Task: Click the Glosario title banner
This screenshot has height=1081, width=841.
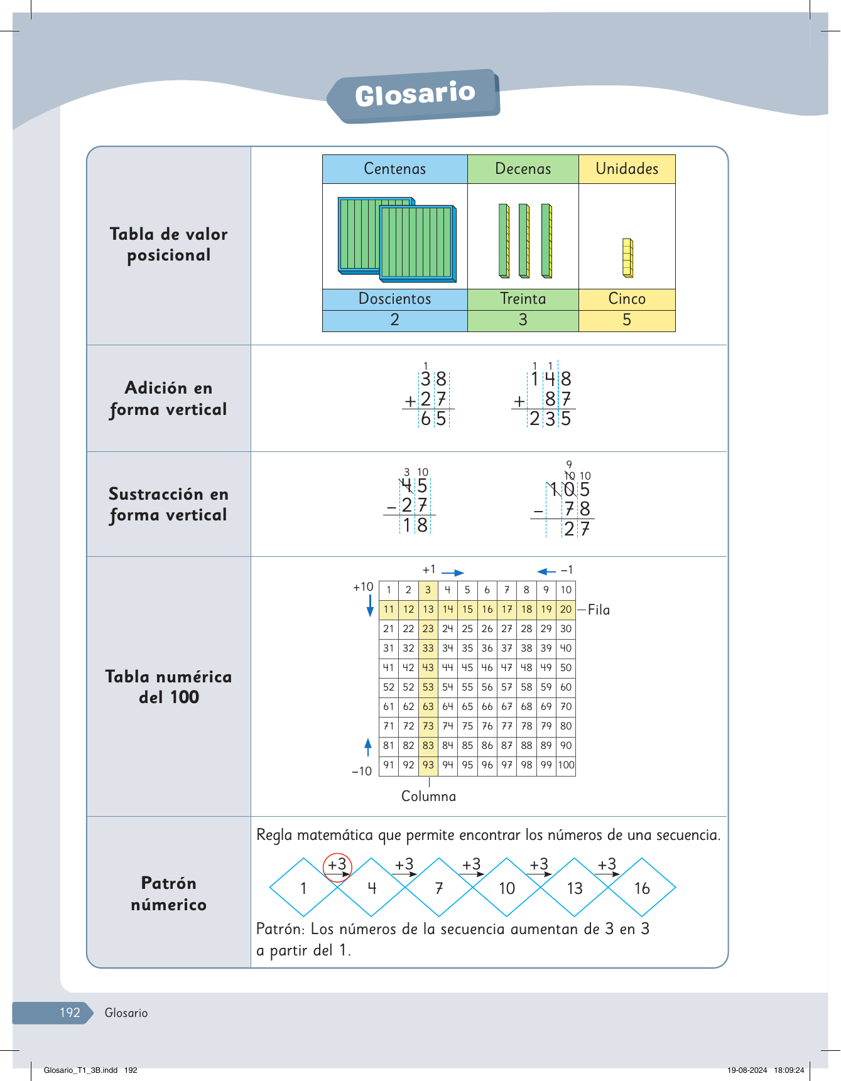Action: [415, 95]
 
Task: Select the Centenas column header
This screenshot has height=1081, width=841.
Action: [394, 169]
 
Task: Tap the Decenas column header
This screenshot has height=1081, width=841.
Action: [523, 169]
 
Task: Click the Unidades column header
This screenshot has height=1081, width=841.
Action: [627, 169]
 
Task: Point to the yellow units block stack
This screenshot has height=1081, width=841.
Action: [627, 257]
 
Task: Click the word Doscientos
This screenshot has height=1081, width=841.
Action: [394, 299]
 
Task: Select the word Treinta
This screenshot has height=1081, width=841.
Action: [523, 299]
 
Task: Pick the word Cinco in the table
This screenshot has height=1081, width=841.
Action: [627, 299]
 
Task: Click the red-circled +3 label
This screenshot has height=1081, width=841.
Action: [337, 865]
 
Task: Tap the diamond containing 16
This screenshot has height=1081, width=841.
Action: [642, 888]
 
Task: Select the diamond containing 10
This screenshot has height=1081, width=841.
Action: [507, 888]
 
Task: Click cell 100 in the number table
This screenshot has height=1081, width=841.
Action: [566, 765]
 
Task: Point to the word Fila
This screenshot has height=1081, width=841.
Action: [599, 610]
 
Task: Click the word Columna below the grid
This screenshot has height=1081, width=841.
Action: [429, 797]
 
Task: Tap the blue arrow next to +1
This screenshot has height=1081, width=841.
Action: [452, 573]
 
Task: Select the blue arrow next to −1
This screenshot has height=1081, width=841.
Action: [546, 571]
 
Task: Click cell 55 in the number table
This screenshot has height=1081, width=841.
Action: [467, 687]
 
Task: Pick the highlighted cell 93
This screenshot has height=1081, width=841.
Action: [428, 765]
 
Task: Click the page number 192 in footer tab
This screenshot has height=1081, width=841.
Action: [70, 1013]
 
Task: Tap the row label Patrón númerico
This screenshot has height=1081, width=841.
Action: [168, 893]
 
